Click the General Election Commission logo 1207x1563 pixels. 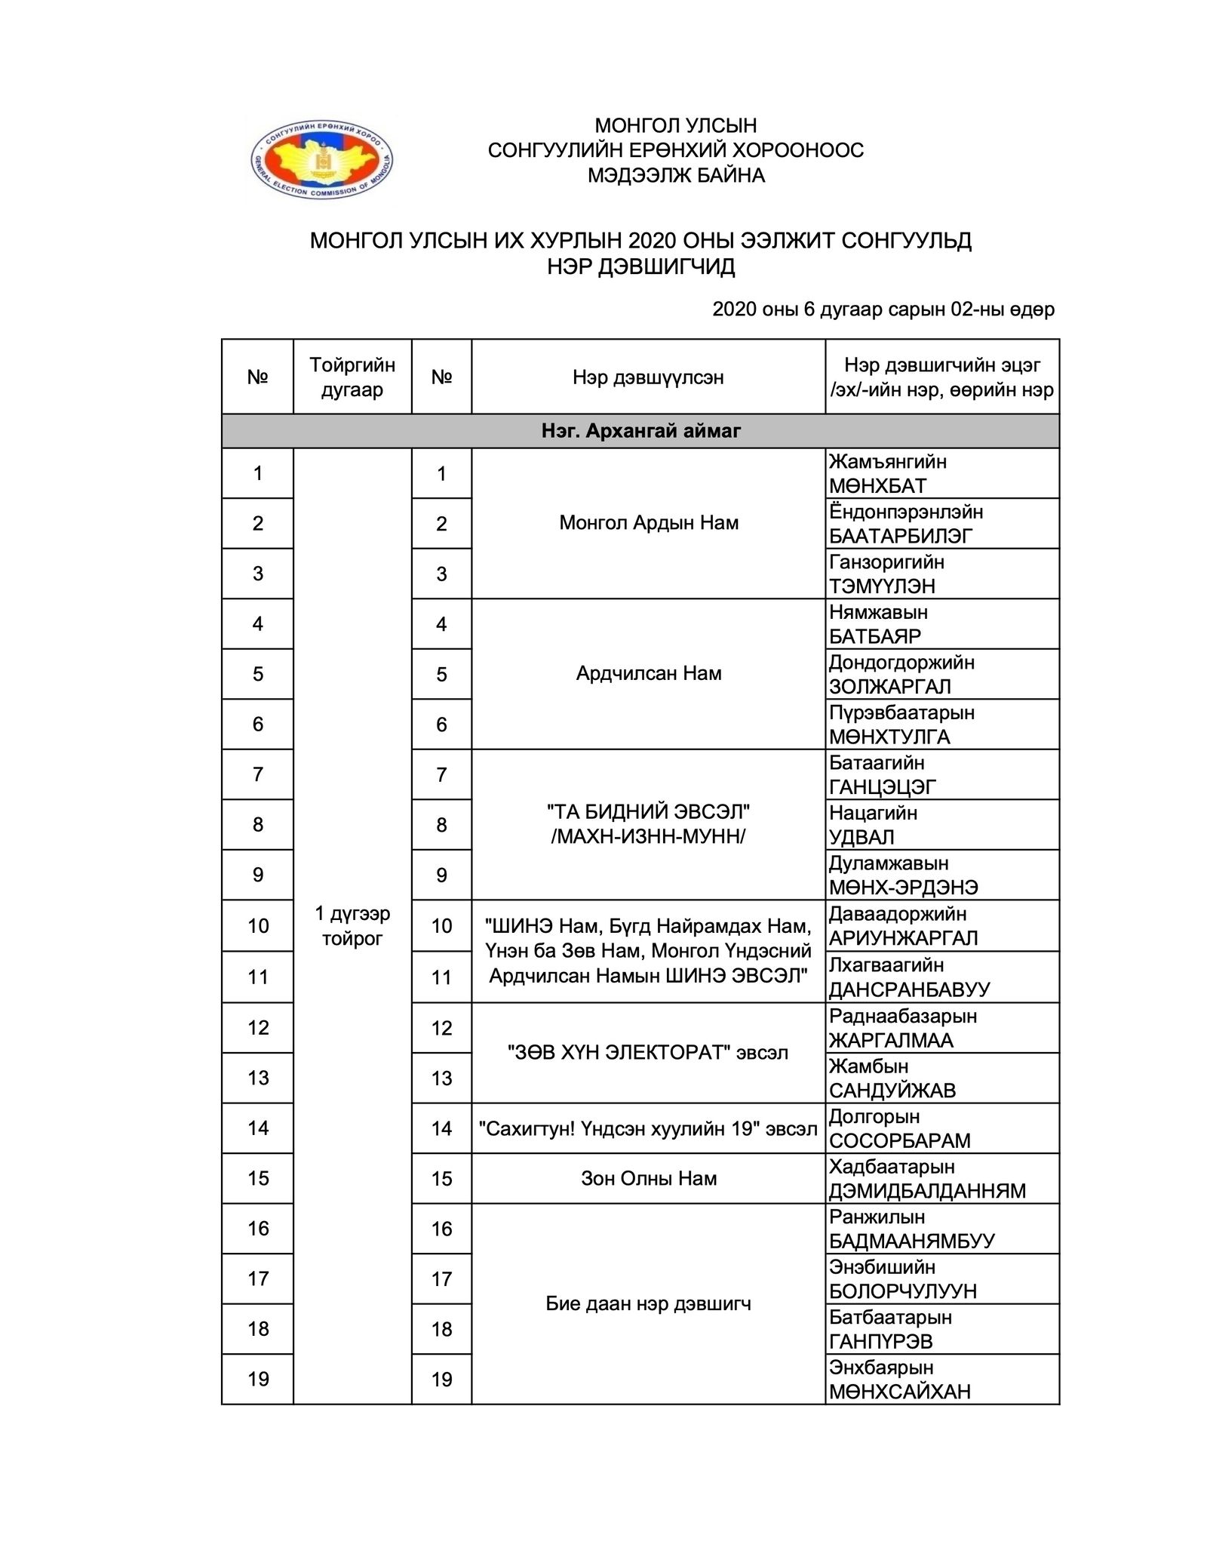click(322, 162)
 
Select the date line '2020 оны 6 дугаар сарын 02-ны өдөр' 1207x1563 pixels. click(883, 309)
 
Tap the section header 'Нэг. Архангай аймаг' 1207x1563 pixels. click(640, 431)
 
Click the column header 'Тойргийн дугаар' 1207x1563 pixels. click(352, 377)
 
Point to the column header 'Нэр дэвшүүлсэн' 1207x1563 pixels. click(648, 377)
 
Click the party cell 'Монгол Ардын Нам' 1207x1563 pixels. click(648, 523)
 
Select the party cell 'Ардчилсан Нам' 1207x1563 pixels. click(648, 673)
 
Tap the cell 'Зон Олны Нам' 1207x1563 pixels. click(648, 1178)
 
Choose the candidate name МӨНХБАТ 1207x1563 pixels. click(877, 486)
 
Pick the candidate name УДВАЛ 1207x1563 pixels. click(861, 837)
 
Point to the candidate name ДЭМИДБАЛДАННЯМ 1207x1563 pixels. click(927, 1191)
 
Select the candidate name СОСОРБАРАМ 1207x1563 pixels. click(899, 1140)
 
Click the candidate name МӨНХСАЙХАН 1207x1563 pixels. click(899, 1392)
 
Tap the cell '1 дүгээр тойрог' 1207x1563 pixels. click(352, 926)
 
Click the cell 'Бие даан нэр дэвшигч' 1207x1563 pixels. click(648, 1303)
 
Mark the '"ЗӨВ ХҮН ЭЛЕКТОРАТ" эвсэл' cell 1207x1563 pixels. click(648, 1053)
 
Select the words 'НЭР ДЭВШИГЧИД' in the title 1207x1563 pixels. click(640, 266)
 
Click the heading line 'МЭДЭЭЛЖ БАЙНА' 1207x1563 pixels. click(676, 176)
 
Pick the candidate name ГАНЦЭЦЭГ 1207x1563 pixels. click(882, 787)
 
